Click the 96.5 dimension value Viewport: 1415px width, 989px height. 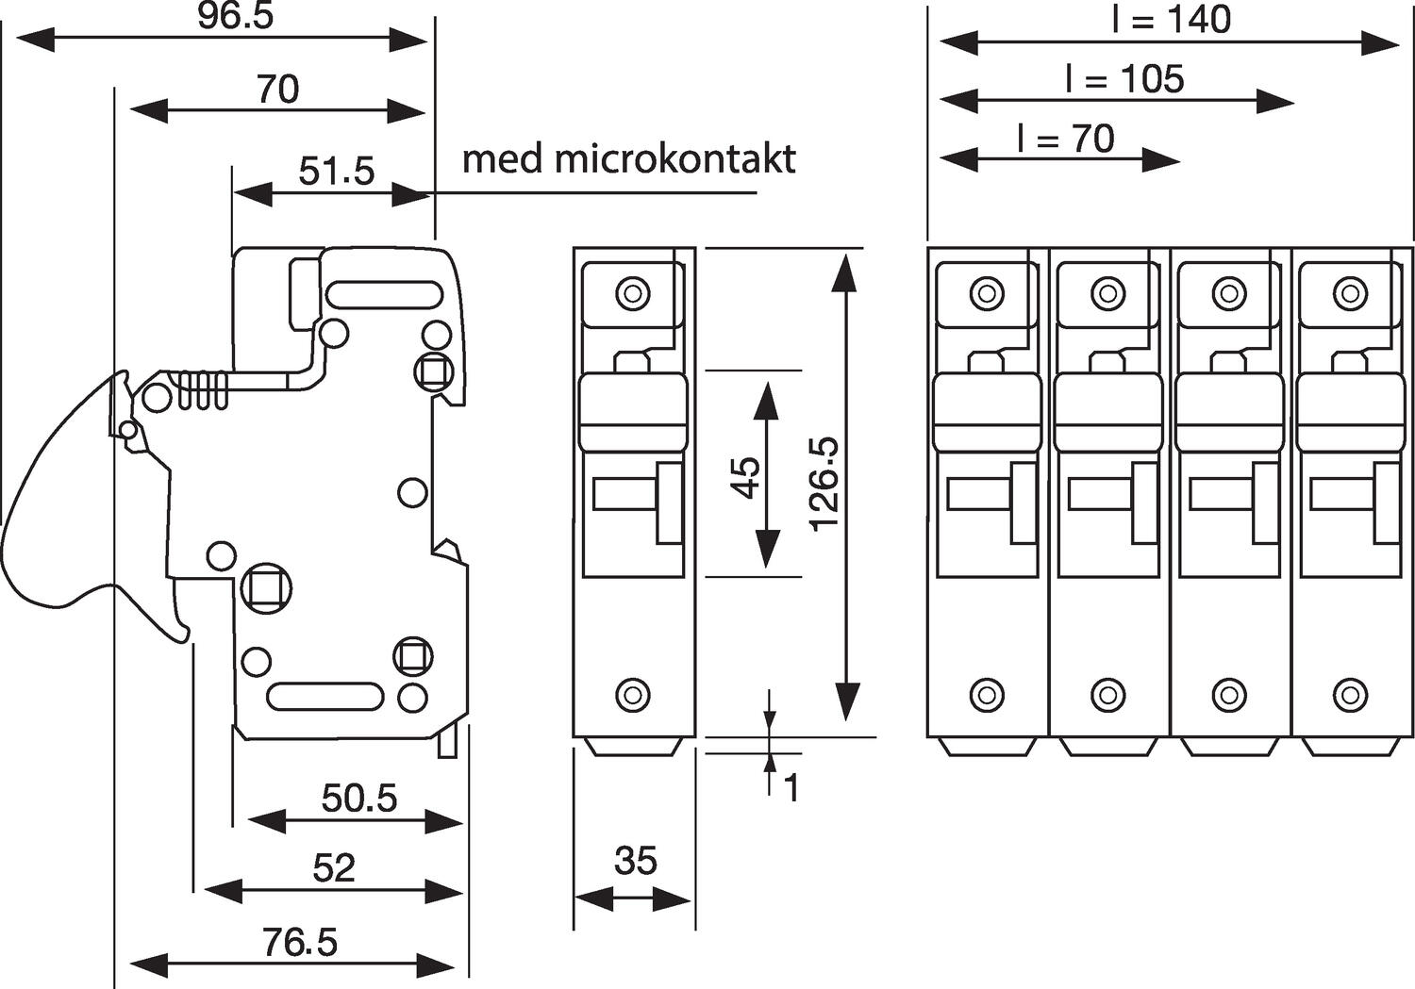click(235, 17)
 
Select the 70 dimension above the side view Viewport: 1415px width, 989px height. click(277, 90)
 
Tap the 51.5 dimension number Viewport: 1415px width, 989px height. click(337, 172)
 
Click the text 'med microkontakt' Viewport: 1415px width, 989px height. click(628, 158)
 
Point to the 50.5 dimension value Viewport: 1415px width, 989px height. click(359, 799)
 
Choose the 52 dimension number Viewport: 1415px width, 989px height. click(334, 868)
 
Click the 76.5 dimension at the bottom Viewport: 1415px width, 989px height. click(300, 942)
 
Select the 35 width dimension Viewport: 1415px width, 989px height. click(635, 861)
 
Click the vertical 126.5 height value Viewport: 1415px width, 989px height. click(824, 483)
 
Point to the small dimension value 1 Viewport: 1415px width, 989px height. click(791, 788)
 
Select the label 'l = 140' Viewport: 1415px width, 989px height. click(1172, 20)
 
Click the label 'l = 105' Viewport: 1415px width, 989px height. click(1124, 79)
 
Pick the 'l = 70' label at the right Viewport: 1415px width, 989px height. click(1066, 139)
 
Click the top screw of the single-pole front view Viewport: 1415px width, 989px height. click(633, 292)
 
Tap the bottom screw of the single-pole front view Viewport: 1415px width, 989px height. click(633, 696)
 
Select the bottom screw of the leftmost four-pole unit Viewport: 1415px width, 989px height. click(987, 695)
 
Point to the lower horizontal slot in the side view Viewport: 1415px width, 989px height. click(325, 697)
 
